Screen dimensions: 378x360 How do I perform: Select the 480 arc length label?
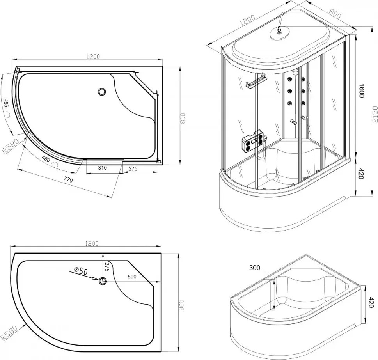point(46,159)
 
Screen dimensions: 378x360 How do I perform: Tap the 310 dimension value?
point(103,168)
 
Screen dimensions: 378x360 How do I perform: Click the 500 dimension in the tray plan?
point(132,277)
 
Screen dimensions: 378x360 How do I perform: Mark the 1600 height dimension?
point(361,91)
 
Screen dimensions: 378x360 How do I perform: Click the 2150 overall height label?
point(374,115)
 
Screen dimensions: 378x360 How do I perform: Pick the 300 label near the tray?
point(255,268)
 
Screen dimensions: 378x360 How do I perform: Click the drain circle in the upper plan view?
point(102,92)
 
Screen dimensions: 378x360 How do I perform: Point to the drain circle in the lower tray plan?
point(103,281)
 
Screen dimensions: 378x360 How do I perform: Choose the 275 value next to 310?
point(133,168)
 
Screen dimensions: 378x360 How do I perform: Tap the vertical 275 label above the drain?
point(107,268)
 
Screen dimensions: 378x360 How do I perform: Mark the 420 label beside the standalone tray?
point(371,302)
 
